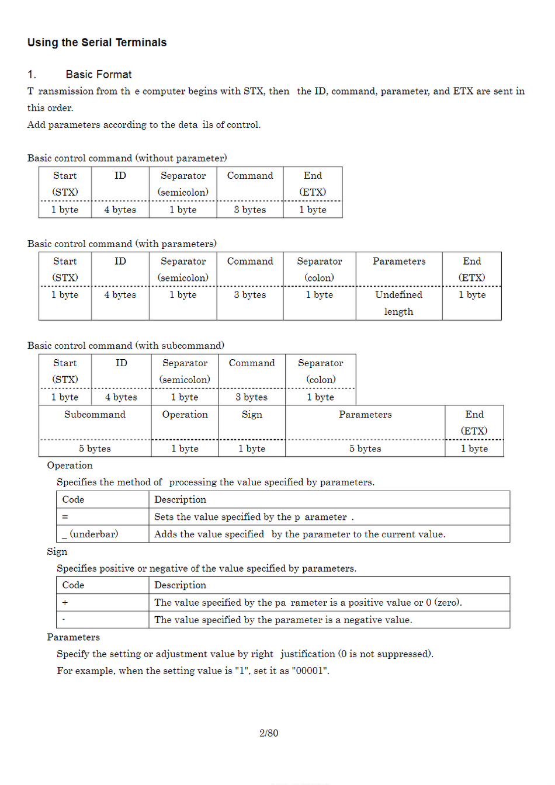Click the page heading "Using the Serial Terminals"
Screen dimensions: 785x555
[x=97, y=43]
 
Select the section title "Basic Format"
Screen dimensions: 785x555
[x=99, y=75]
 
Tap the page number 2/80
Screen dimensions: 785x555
[x=269, y=733]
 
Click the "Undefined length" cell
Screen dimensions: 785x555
[x=398, y=303]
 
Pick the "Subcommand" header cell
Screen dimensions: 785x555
[x=95, y=415]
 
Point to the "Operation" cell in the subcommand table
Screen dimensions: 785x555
[x=185, y=415]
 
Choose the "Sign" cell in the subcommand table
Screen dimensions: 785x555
[x=252, y=415]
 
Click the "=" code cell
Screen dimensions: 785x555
[x=65, y=517]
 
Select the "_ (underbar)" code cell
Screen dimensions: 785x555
[x=90, y=534]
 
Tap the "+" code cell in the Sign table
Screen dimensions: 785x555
[x=65, y=603]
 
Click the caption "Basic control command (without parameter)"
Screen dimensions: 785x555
[x=127, y=158]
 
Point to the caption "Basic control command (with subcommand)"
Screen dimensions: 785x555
[x=126, y=346]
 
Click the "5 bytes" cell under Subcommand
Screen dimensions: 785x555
[x=95, y=449]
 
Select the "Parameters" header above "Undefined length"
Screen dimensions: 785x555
[x=399, y=262]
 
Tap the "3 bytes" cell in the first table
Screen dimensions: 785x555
[x=249, y=210]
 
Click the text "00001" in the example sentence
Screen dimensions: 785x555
[x=310, y=671]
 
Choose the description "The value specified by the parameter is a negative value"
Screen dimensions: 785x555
[x=283, y=620]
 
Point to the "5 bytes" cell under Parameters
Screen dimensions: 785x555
[x=365, y=449]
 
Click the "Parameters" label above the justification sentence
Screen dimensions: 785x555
[x=73, y=637]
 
